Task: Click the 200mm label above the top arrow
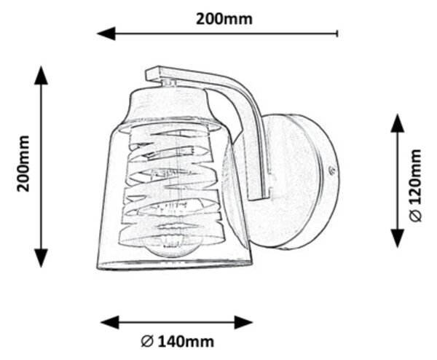[224, 19]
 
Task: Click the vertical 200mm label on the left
[23, 164]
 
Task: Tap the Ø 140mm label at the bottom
[178, 341]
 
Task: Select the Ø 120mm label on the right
[416, 186]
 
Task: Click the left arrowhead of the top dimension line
[106, 34]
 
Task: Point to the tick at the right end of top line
[337, 34]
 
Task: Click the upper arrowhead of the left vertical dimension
[42, 75]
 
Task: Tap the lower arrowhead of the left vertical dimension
[42, 258]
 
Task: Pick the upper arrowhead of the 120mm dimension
[398, 123]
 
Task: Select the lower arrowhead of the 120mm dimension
[398, 238]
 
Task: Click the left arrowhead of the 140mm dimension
[110, 323]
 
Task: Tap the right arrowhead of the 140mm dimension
[243, 323]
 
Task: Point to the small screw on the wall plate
[331, 171]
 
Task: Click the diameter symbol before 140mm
[147, 341]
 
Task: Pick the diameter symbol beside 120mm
[416, 216]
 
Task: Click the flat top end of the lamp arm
[153, 73]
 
